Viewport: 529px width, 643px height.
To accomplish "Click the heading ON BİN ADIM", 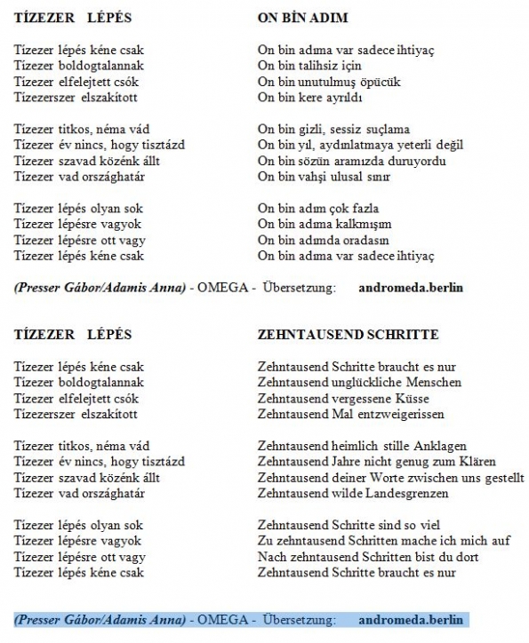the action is click(x=302, y=19).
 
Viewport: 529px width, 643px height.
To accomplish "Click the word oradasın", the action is click(x=370, y=240).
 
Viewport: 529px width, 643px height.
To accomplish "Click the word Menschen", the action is click(x=435, y=382).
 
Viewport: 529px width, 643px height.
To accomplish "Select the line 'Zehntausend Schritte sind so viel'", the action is click(x=349, y=525).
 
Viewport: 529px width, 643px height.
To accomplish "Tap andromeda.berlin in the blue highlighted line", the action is click(x=412, y=619).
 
